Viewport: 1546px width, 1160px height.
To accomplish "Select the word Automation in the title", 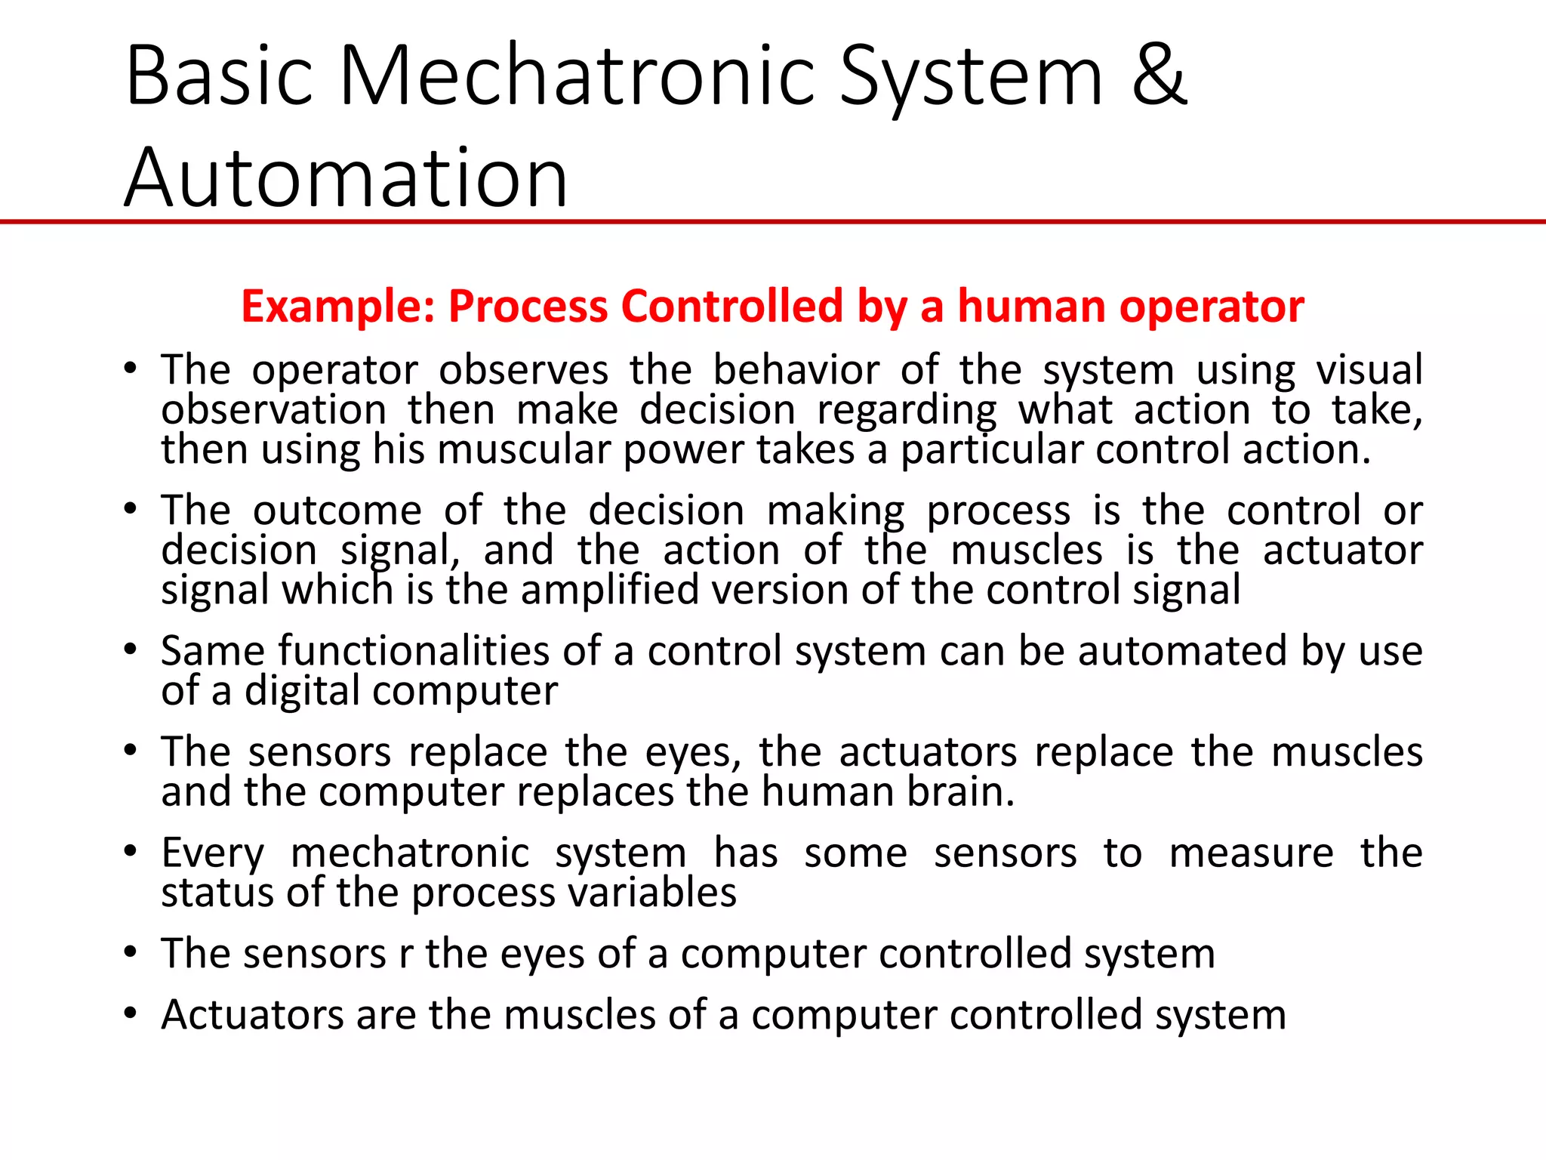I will [346, 178].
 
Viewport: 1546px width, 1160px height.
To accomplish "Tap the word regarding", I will [907, 411].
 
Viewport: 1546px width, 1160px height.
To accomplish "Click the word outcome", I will [337, 511].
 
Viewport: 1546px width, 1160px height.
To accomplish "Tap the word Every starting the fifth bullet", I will [213, 854].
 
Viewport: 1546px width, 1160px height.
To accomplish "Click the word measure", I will [1251, 853].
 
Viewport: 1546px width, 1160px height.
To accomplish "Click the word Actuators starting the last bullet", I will [251, 1014].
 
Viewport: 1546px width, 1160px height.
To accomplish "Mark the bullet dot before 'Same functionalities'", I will [131, 649].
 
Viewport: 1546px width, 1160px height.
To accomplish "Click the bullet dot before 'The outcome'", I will [131, 509].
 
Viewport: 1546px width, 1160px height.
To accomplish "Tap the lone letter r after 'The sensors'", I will [406, 954].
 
